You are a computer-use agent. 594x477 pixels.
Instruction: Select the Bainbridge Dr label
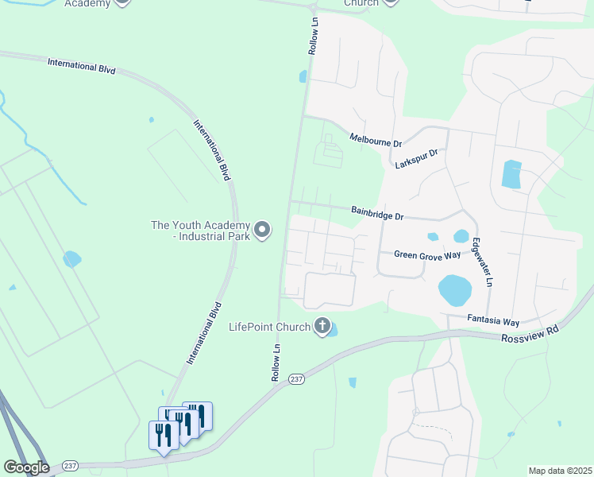pos(378,213)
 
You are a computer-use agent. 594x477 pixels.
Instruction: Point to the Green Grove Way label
pos(427,254)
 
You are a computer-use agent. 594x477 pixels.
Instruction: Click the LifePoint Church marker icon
pos(322,325)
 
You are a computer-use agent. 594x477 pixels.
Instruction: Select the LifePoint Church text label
pos(268,326)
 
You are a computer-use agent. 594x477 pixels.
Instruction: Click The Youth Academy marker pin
pos(263,231)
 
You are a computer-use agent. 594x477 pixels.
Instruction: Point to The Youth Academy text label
pos(201,231)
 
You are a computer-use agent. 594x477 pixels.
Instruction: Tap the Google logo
pos(25,467)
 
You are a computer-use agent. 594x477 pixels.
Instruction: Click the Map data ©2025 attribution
pos(559,471)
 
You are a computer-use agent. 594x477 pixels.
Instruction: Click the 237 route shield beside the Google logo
pos(69,466)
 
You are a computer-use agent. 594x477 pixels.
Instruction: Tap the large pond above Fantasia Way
pos(454,291)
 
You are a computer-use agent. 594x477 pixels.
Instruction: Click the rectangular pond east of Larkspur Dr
pos(511,174)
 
